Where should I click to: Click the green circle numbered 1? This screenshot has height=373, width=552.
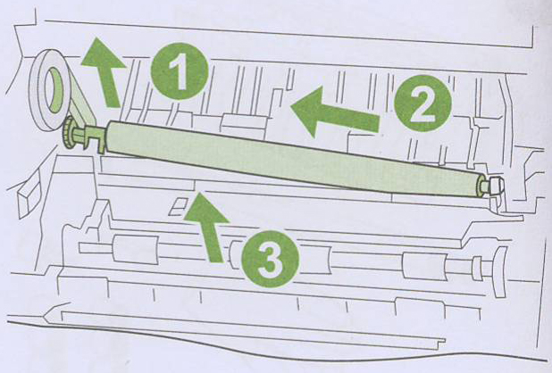pos(180,70)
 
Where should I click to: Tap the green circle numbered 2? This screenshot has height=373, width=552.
pos(422,103)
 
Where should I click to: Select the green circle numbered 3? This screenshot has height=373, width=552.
pos(271,259)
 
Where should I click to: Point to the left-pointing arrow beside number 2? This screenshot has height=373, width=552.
pos(334,112)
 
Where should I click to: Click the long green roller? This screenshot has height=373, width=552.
pos(292,157)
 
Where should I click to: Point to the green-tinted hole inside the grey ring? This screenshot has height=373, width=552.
pos(55,90)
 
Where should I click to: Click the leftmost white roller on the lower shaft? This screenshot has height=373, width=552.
pos(136,250)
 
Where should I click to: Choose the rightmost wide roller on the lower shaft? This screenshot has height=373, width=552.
pos(424,265)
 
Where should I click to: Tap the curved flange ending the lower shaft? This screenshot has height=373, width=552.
pos(499,271)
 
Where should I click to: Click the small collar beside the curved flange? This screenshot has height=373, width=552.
pos(477,269)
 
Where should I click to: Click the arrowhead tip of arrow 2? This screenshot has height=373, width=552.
pos(291,106)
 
